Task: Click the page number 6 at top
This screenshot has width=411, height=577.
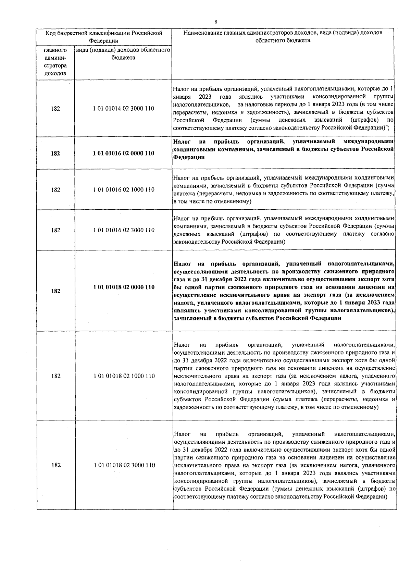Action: pos(216,22)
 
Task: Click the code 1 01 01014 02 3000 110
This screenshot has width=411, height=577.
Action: pos(123,109)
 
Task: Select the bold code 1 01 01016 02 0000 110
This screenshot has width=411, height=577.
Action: pos(123,154)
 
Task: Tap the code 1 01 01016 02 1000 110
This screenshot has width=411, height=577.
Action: pos(124,190)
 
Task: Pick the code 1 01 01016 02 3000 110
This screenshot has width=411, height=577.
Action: pos(124,230)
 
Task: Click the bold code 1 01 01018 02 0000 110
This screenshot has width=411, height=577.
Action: pos(124,287)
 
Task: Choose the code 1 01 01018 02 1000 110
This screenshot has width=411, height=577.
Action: pos(124,376)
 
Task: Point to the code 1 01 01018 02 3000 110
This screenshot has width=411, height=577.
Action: pos(124,465)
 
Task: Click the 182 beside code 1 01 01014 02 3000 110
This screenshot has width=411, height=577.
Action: pos(55,109)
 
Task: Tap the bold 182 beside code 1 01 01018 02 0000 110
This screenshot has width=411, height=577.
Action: pos(55,291)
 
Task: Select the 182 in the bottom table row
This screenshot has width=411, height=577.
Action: pos(55,465)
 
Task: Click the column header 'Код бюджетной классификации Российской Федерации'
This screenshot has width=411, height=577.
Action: pos(104,37)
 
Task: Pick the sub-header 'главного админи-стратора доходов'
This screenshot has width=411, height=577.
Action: pos(55,62)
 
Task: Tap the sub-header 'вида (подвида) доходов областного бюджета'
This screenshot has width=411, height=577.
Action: pos(123,54)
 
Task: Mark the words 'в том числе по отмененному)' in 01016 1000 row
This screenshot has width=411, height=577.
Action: pos(212,201)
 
